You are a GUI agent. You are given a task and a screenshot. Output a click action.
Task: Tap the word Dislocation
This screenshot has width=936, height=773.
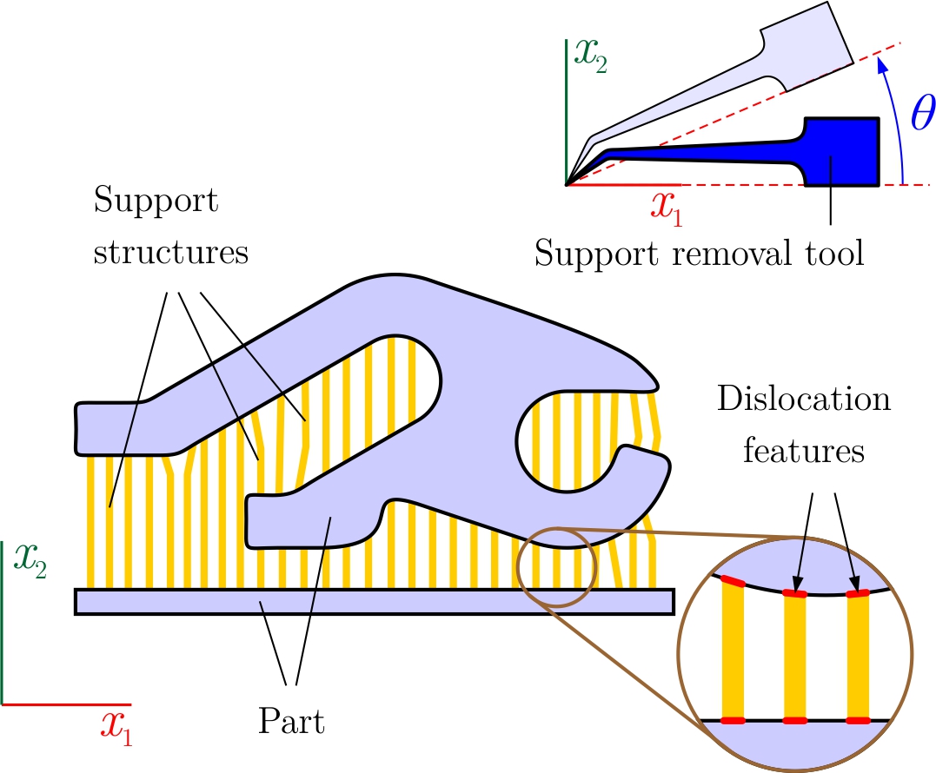(x=804, y=400)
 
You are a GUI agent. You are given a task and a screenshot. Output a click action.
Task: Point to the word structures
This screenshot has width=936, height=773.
(x=170, y=254)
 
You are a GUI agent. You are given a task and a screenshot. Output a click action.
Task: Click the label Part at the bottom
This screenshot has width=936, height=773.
(x=291, y=722)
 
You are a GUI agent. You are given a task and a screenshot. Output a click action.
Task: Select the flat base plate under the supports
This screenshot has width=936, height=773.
(x=375, y=601)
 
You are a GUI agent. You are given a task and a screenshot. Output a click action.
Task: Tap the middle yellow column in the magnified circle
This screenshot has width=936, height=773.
(x=796, y=656)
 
